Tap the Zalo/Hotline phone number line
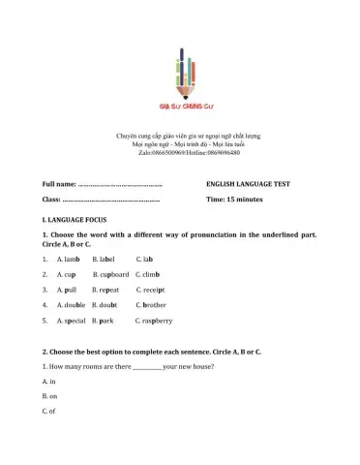point(179,153)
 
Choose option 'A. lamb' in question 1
point(68,260)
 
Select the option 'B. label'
point(104,260)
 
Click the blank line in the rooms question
point(146,369)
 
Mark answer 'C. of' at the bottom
point(49,411)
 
